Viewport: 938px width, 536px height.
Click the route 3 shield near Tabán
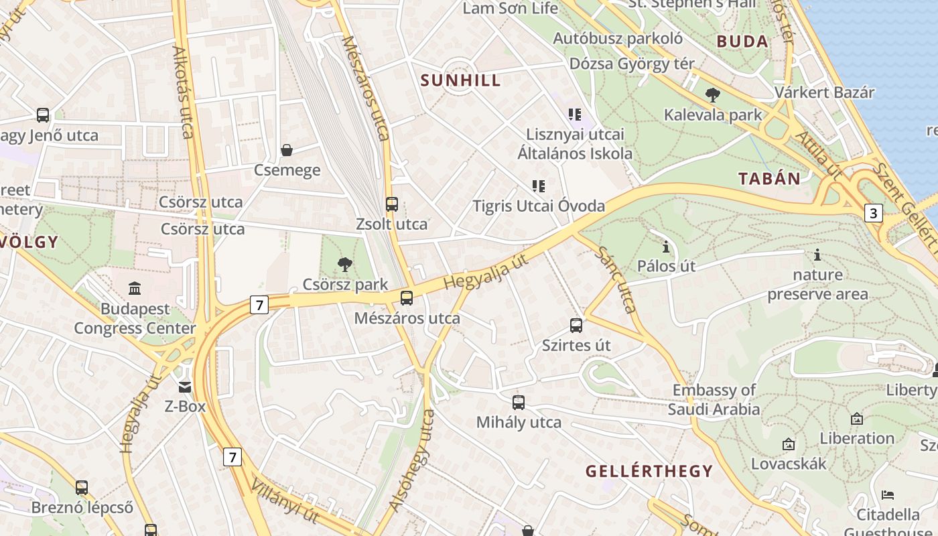873,213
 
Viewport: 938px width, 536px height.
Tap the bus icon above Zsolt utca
392,204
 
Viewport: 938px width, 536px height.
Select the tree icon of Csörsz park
345,264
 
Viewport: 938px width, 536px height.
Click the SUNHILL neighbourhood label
460,80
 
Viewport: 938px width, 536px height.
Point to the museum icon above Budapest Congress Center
135,289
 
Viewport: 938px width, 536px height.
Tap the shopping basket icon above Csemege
287,150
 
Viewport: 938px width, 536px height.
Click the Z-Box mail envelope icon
184,387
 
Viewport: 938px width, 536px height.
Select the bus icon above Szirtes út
576,326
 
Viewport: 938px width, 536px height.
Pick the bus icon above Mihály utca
519,403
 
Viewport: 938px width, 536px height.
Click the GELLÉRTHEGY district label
649,471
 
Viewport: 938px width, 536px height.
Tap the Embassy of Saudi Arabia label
714,399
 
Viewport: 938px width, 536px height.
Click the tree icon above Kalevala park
713,95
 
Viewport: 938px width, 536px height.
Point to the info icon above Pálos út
665,247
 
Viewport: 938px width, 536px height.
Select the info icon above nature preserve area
817,255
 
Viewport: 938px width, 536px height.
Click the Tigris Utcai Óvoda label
539,206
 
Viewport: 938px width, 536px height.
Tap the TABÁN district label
769,178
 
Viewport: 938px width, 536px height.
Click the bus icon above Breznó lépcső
82,488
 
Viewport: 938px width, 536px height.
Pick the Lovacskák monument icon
789,444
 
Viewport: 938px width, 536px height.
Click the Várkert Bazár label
824,92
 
